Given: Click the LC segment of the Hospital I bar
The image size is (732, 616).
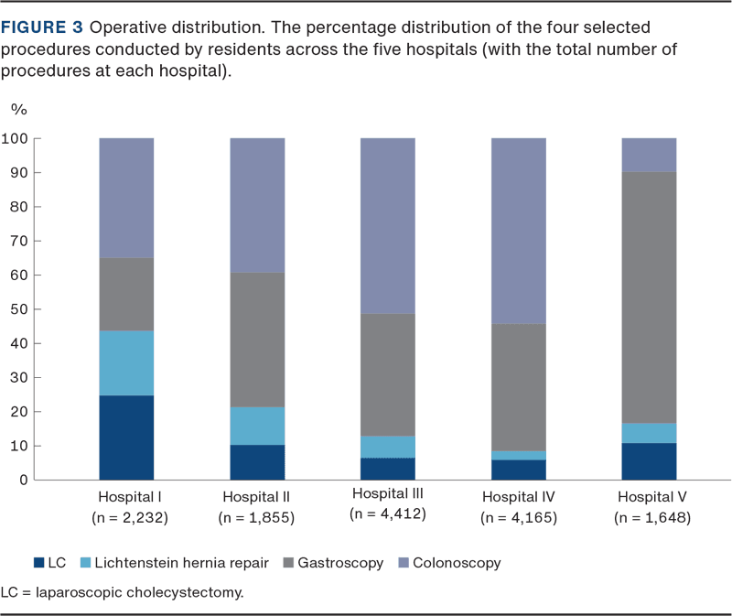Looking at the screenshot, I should pos(126,438).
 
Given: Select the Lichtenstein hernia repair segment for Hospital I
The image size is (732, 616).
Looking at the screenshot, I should pos(126,363).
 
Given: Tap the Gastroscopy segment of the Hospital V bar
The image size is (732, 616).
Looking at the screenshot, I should pos(649,297).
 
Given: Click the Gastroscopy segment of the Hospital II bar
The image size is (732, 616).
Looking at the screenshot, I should pos(257,340).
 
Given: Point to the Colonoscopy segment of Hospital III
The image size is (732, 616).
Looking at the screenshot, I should pos(388,226).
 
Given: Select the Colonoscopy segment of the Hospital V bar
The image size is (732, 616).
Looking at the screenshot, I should pos(649,155).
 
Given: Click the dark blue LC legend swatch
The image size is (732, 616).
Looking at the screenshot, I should pos(38,563).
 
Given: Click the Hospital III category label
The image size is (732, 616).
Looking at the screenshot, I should pos(388,495).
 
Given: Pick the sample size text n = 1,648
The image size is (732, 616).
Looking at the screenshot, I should pos(651,515).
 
